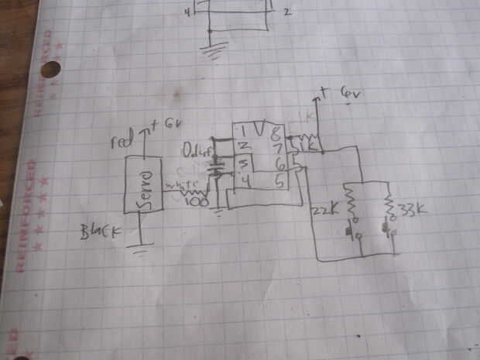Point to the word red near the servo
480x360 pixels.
point(121,143)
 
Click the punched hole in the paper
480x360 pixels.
point(50,70)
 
